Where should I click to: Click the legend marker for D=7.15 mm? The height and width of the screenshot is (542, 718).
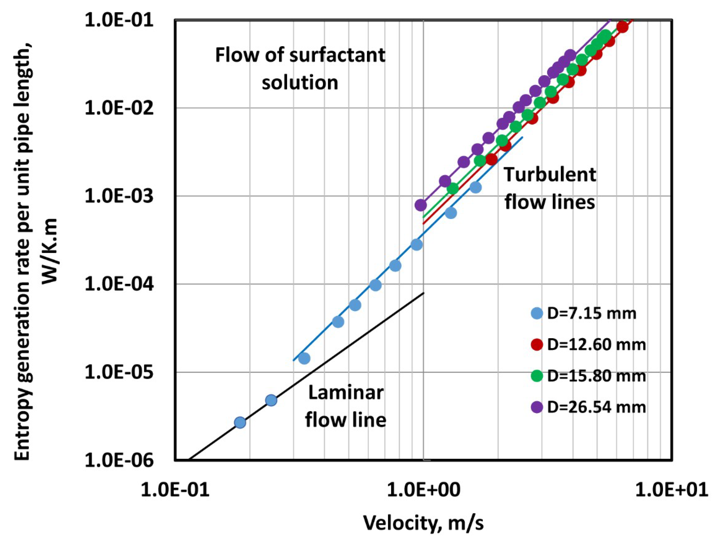tap(537, 314)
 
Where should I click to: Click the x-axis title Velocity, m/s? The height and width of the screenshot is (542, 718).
tap(423, 523)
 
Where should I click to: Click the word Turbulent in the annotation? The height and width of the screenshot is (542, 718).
tap(550, 175)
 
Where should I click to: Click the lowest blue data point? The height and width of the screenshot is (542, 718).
tap(240, 423)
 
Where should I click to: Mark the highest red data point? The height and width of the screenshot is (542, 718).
tap(622, 27)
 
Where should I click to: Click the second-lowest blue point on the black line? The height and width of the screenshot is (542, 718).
tap(271, 400)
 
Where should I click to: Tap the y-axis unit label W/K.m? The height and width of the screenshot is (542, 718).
tap(49, 251)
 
